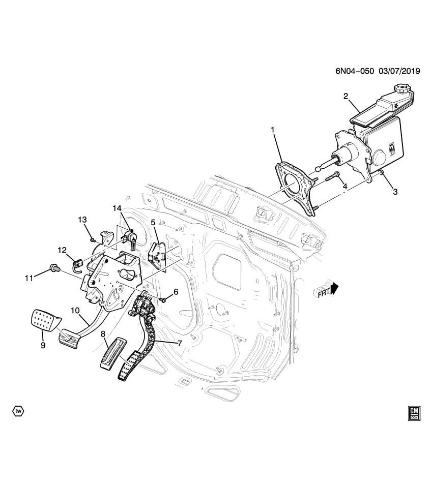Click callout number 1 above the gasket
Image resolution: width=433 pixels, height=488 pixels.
[272, 131]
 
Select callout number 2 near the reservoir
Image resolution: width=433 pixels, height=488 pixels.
[345, 96]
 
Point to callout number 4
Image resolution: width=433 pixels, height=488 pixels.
[344, 187]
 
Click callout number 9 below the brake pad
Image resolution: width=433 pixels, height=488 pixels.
[43, 345]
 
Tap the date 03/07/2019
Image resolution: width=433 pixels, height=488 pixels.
[399, 72]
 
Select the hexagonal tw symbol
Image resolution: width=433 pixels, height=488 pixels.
[18, 410]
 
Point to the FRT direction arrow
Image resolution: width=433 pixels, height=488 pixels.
[326, 291]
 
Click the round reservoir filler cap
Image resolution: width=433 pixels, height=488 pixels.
[402, 90]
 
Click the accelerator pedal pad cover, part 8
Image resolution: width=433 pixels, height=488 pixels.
[111, 354]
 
